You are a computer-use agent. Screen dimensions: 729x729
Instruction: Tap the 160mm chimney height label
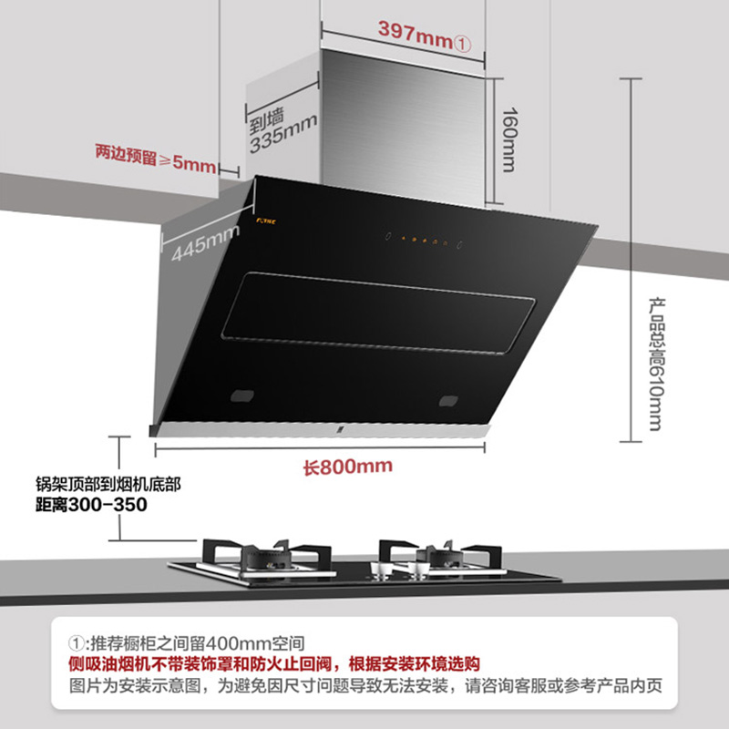point(508,142)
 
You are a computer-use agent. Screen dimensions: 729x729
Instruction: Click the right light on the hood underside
point(450,399)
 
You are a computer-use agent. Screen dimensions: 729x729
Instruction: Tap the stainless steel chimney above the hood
point(406,128)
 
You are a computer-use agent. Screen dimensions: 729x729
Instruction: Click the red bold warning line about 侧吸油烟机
point(274,663)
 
